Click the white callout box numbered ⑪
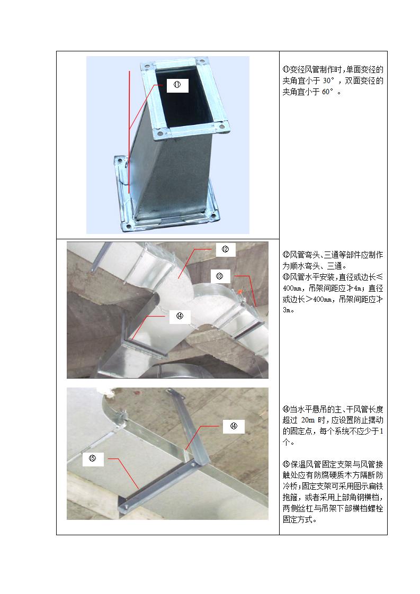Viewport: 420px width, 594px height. tap(177, 85)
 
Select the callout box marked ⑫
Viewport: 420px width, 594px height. tap(226, 249)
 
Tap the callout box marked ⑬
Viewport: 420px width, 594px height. tap(220, 276)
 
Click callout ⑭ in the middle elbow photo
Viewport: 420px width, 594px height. tap(180, 316)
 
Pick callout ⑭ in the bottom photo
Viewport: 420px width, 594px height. tap(234, 426)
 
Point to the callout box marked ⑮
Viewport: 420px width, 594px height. tap(93, 459)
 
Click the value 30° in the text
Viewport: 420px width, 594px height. tap(329, 80)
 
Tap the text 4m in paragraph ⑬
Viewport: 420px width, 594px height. tap(358, 289)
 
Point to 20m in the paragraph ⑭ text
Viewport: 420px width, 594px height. tap(308, 420)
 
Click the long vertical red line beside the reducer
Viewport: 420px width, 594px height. tap(129, 132)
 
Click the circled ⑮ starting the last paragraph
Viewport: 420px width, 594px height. tap(286, 464)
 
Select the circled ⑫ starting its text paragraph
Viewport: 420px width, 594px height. tap(286, 255)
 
